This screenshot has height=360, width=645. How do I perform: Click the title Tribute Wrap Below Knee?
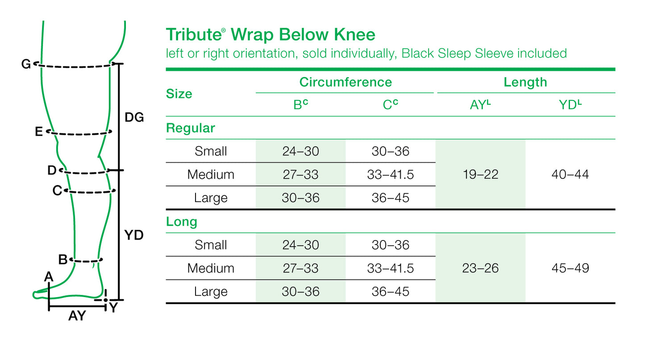click(270, 35)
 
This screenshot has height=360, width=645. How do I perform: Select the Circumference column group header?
click(345, 82)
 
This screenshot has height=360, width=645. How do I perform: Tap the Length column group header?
click(525, 82)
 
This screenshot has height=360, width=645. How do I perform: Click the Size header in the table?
click(179, 94)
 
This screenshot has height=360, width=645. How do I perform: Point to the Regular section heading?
click(191, 128)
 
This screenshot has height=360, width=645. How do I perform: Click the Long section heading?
click(182, 222)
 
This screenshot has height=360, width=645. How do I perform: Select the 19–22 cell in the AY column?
click(480, 174)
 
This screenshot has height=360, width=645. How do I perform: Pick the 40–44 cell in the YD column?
click(570, 174)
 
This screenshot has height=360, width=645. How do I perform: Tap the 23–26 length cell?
click(480, 268)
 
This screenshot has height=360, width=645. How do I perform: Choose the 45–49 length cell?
click(570, 268)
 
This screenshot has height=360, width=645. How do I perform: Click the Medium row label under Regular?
click(211, 174)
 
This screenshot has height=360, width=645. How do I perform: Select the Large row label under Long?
click(211, 292)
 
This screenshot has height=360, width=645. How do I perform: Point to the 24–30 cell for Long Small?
click(300, 245)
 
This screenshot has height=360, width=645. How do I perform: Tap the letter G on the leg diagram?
click(26, 65)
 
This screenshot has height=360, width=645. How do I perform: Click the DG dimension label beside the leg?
click(134, 118)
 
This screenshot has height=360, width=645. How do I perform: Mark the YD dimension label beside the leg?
click(133, 235)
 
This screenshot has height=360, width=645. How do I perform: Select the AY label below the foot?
click(77, 316)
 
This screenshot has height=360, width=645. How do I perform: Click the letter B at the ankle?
click(63, 259)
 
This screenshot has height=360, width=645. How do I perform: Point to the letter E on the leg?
click(39, 132)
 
